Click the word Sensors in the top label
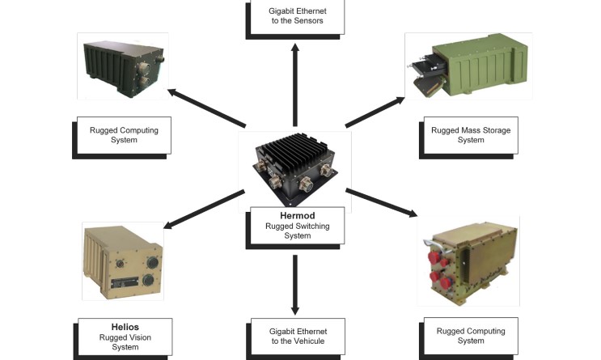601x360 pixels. pyautogui.click(x=307, y=21)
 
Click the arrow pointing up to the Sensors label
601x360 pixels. pyautogui.click(x=294, y=81)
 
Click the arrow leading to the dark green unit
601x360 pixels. pyautogui.click(x=206, y=108)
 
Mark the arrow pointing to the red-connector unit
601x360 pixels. pyautogui.click(x=381, y=202)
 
